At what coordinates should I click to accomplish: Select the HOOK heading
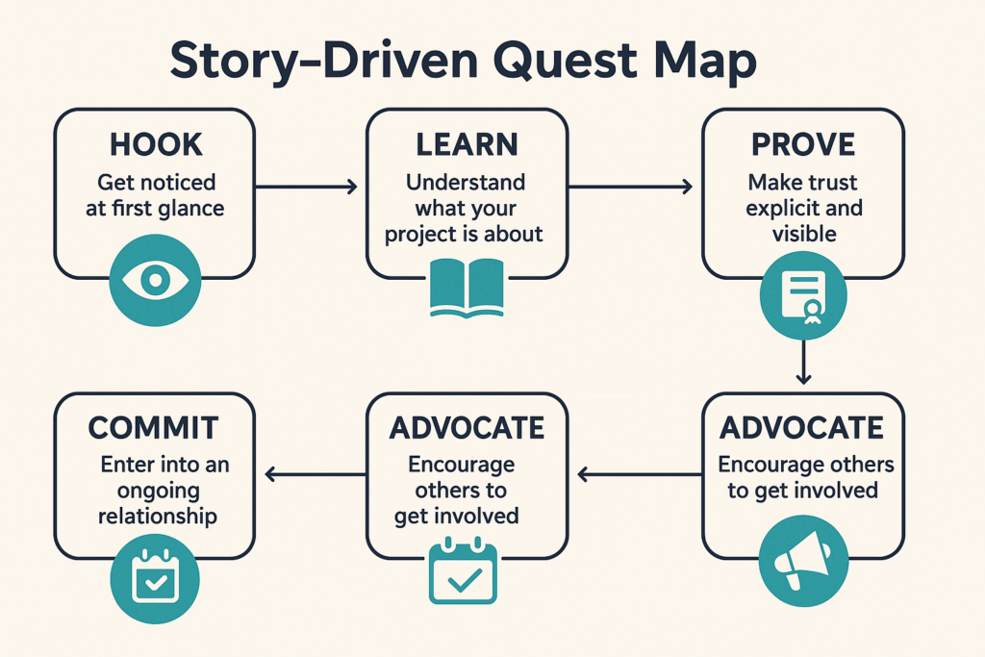pos(155,144)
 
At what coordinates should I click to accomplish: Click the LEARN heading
pos(467,144)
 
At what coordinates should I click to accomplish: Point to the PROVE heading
pos(803,144)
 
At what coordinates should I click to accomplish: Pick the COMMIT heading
pos(155,427)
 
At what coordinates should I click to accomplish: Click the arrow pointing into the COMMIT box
pos(315,472)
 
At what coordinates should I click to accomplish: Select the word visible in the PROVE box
pos(803,234)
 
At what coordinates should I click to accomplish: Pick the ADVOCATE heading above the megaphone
pos(803,427)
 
